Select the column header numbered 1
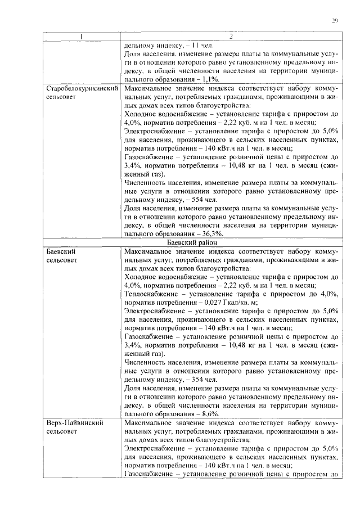[x=82, y=37]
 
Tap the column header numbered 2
[x=230, y=37]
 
